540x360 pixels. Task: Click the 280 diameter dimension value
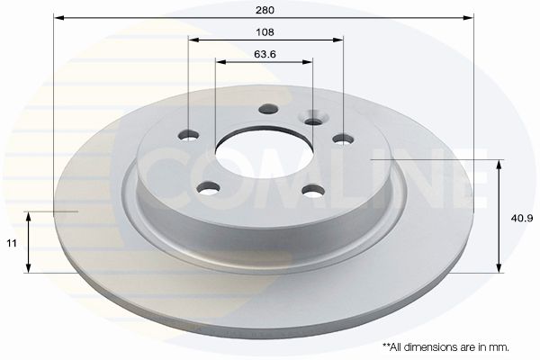click(265, 10)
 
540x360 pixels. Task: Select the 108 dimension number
click(265, 32)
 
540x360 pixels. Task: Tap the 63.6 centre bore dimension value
click(265, 54)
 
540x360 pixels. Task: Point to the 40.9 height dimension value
click(522, 218)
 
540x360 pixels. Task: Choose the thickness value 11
click(12, 244)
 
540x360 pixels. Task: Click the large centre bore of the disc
click(265, 153)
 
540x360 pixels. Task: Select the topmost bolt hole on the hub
click(268, 109)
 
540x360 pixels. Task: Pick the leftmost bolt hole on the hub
click(189, 135)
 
